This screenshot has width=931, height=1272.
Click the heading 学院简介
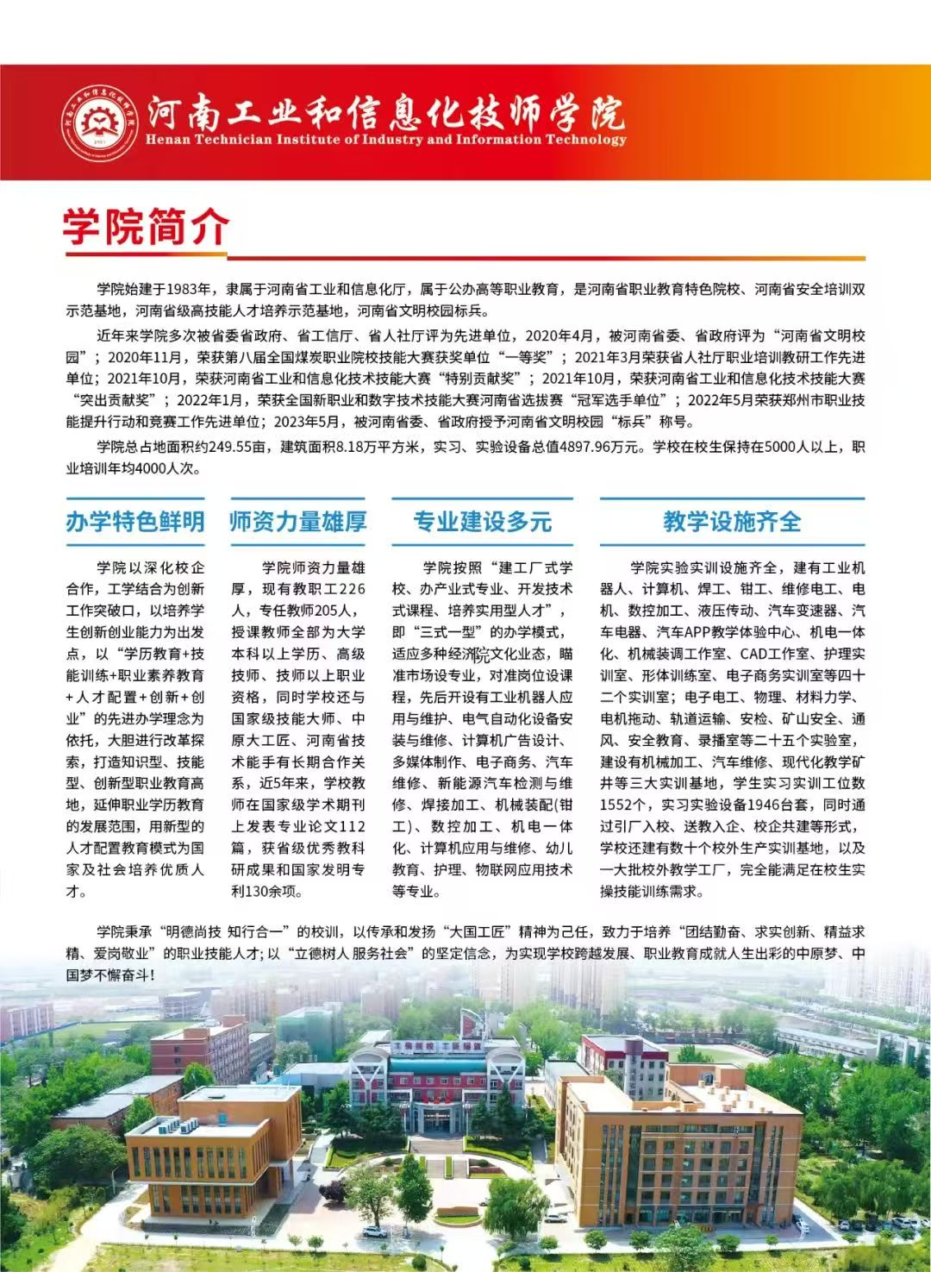pos(146,227)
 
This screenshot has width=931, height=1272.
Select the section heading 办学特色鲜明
pos(135,522)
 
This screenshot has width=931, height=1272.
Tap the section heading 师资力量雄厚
pos(298,522)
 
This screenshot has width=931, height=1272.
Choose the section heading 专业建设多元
pos(482,522)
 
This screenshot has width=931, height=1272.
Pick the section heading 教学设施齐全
pos(732,522)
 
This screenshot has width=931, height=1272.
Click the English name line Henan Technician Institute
pos(385,140)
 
